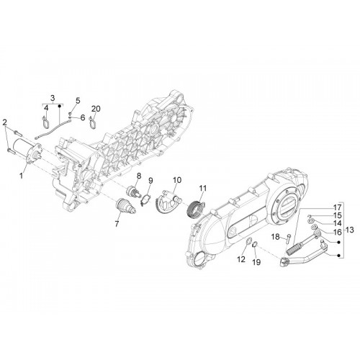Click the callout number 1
21,176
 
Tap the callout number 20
96,109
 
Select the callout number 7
117,224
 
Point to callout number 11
203,188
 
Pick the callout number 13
350,230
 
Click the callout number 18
276,237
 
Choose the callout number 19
256,262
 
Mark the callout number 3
53,98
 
